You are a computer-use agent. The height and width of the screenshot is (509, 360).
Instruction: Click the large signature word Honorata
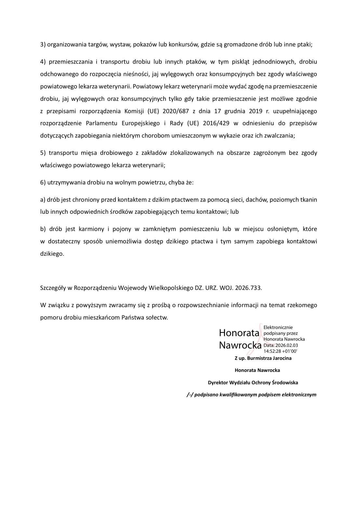(x=239, y=333)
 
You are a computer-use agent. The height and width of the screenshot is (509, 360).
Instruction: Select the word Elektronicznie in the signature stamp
(x=278, y=327)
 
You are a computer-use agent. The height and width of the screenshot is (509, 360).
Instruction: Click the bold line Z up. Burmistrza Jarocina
(x=263, y=358)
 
